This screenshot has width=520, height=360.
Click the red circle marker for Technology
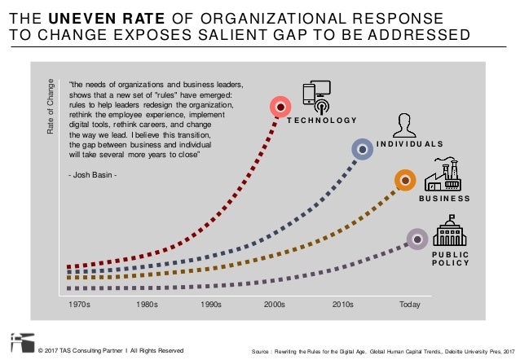click(280, 106)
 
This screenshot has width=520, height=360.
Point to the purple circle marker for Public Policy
click(417, 239)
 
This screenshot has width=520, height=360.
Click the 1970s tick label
click(78, 305)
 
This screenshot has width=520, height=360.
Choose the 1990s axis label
click(211, 305)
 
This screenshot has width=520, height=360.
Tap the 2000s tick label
click(275, 305)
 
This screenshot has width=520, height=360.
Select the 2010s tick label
click(342, 305)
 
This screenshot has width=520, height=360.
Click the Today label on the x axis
click(409, 305)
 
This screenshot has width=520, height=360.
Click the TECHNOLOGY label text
click(322, 121)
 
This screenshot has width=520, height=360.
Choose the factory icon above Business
click(444, 173)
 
